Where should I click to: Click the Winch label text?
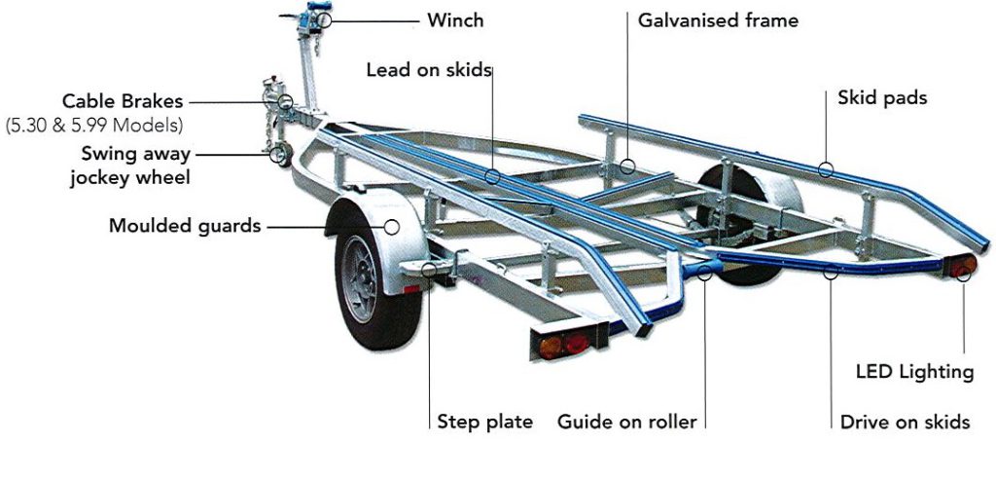click(x=455, y=19)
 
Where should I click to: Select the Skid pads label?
click(x=881, y=97)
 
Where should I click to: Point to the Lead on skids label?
click(x=428, y=70)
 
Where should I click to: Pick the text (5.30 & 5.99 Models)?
click(x=94, y=125)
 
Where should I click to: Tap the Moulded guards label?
click(x=185, y=227)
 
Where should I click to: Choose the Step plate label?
click(x=484, y=422)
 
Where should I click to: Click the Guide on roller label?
click(x=626, y=422)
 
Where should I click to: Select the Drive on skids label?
click(x=905, y=422)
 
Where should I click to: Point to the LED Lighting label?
click(x=914, y=371)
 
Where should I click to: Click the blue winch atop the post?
click(x=316, y=18)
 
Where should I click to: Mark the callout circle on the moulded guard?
click(x=393, y=227)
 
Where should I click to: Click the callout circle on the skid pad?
click(x=826, y=170)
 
